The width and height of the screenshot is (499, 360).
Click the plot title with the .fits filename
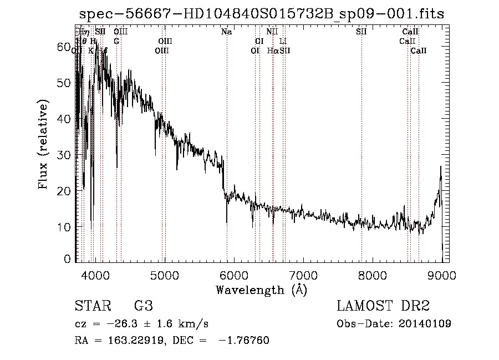pyautogui.click(x=262, y=14)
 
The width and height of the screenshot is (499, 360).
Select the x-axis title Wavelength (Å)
pyautogui.click(x=261, y=290)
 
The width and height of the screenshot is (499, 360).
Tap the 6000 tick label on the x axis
pyautogui.click(x=233, y=275)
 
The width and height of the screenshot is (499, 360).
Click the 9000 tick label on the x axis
pyautogui.click(x=441, y=275)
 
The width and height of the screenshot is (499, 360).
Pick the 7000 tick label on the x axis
pyautogui.click(x=303, y=275)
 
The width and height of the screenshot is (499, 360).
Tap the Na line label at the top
pyautogui.click(x=226, y=32)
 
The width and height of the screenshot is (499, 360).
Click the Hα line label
pyautogui.click(x=272, y=50)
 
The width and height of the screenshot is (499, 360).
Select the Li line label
pyautogui.click(x=283, y=41)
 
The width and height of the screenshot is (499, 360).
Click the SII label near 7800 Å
pyautogui.click(x=361, y=32)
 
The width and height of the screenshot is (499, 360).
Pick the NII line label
pyautogui.click(x=272, y=32)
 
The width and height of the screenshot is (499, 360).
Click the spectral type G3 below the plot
pyautogui.click(x=143, y=306)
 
